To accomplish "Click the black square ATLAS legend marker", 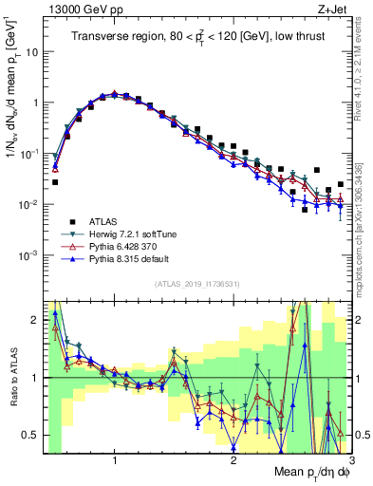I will click(x=66, y=222).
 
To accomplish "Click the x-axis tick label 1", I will click(x=115, y=461).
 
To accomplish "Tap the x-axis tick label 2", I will click(x=233, y=461).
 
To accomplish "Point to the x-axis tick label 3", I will click(x=351, y=461).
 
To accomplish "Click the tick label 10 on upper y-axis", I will click(x=32, y=52).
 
